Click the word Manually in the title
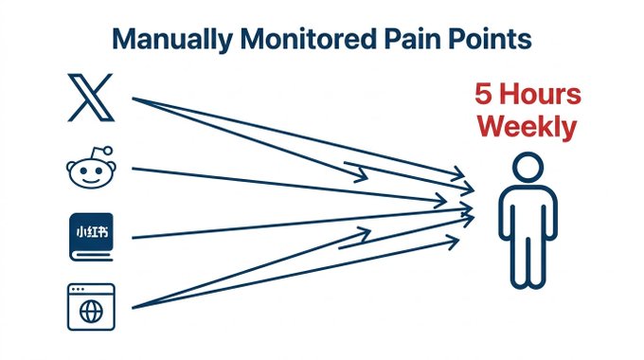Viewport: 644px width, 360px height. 173,40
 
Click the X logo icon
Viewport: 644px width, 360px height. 90,98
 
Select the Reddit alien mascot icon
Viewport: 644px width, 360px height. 91,168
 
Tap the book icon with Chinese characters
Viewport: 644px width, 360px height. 91,237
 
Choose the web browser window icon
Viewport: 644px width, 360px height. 91,307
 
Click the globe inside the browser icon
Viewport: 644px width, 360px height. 91,312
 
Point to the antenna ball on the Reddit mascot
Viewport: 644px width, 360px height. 108,151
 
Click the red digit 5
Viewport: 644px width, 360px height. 483,94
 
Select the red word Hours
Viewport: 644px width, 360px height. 541,94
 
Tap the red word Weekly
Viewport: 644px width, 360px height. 528,127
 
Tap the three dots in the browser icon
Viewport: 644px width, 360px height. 78,289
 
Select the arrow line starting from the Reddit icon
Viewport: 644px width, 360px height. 290,186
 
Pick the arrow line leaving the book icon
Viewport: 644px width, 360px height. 303,224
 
